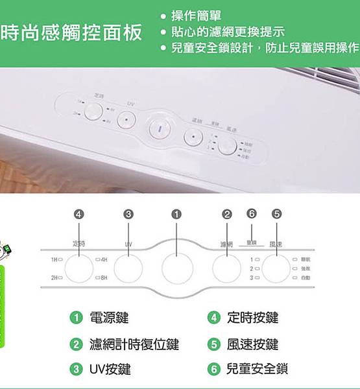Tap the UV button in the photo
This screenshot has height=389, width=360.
click(x=128, y=119)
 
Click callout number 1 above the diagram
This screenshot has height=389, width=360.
click(x=176, y=213)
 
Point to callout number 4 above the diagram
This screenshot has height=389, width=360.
click(x=79, y=213)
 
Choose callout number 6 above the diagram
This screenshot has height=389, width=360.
click(x=252, y=213)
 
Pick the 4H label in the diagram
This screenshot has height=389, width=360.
click(x=103, y=259)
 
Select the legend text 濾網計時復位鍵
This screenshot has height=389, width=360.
click(x=134, y=344)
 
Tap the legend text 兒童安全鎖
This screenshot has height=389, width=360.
click(x=256, y=369)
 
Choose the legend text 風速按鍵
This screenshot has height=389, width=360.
click(x=252, y=344)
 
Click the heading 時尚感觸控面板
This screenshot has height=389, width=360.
click(x=71, y=33)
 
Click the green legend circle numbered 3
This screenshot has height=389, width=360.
click(x=76, y=369)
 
